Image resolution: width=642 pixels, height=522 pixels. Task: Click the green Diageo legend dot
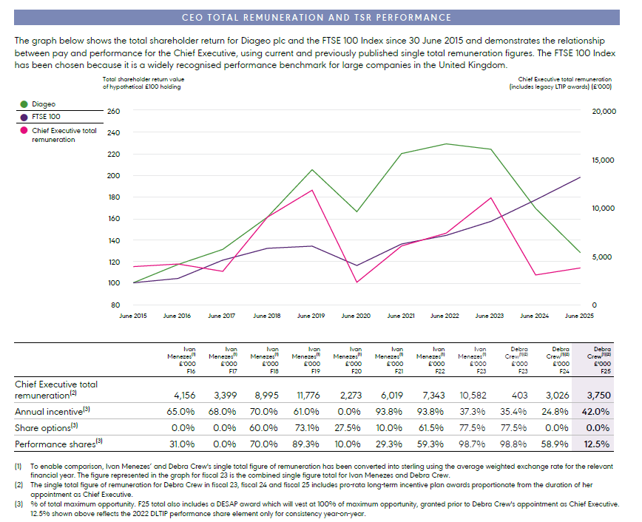(24, 105)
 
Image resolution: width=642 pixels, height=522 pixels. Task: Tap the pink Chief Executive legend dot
(24, 130)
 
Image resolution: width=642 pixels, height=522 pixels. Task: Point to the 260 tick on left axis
(113, 112)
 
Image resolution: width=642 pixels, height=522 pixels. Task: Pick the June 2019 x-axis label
(311, 316)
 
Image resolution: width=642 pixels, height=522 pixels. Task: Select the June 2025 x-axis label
(579, 316)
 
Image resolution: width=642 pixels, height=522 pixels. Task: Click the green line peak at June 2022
(445, 143)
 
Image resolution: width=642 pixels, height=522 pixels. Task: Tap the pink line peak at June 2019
(311, 190)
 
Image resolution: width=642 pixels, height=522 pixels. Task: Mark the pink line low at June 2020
(356, 282)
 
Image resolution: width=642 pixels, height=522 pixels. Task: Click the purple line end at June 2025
(580, 177)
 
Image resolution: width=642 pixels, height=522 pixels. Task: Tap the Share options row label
(46, 427)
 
